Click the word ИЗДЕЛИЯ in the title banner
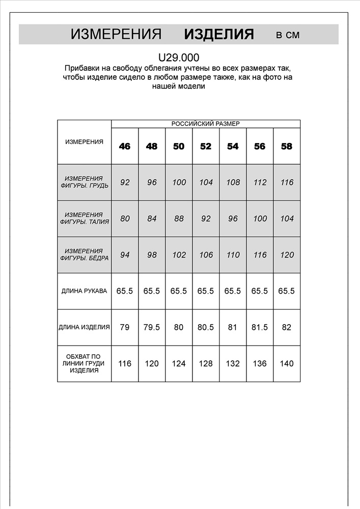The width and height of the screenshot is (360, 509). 219,34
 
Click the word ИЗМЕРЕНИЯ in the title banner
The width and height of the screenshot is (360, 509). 116,34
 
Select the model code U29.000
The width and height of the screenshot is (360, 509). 178,58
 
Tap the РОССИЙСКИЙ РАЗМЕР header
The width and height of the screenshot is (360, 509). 205,124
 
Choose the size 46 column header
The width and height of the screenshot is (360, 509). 125,146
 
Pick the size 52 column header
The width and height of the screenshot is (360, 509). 206,146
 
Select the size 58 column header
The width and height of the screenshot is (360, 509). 287,146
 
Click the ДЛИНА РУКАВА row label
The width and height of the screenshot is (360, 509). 84,291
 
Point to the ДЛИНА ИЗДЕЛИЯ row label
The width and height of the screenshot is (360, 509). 84,327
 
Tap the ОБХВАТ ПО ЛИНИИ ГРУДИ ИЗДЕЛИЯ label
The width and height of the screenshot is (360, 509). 84,363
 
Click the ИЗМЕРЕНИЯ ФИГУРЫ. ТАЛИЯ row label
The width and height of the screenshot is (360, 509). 84,219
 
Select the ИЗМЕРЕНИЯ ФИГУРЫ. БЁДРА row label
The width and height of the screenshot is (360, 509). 84,255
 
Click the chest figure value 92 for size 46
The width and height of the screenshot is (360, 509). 125,182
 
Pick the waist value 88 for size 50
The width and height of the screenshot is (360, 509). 179,219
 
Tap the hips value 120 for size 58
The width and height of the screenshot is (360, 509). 287,255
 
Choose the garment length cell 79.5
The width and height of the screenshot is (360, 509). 152,327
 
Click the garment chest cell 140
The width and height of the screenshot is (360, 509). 287,363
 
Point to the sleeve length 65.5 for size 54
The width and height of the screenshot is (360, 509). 233,291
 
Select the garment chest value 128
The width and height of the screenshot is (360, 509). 206,363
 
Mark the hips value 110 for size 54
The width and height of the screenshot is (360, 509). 233,255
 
